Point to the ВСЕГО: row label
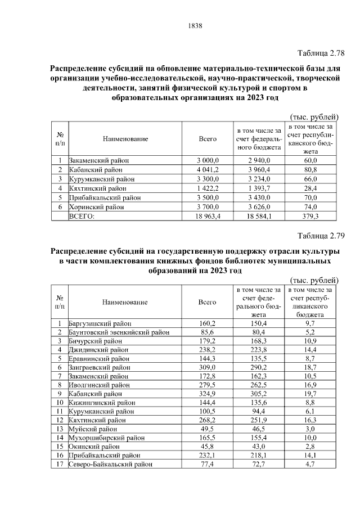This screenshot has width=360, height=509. coord(82,216)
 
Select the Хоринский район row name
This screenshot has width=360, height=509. coord(96,207)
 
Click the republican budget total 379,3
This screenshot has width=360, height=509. coord(311,216)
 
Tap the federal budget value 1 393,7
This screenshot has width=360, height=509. coord(259,188)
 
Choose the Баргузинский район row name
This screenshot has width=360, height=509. coord(100,324)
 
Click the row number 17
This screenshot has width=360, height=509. coord(60,465)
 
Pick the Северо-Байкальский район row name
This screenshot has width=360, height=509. coord(110,465)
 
